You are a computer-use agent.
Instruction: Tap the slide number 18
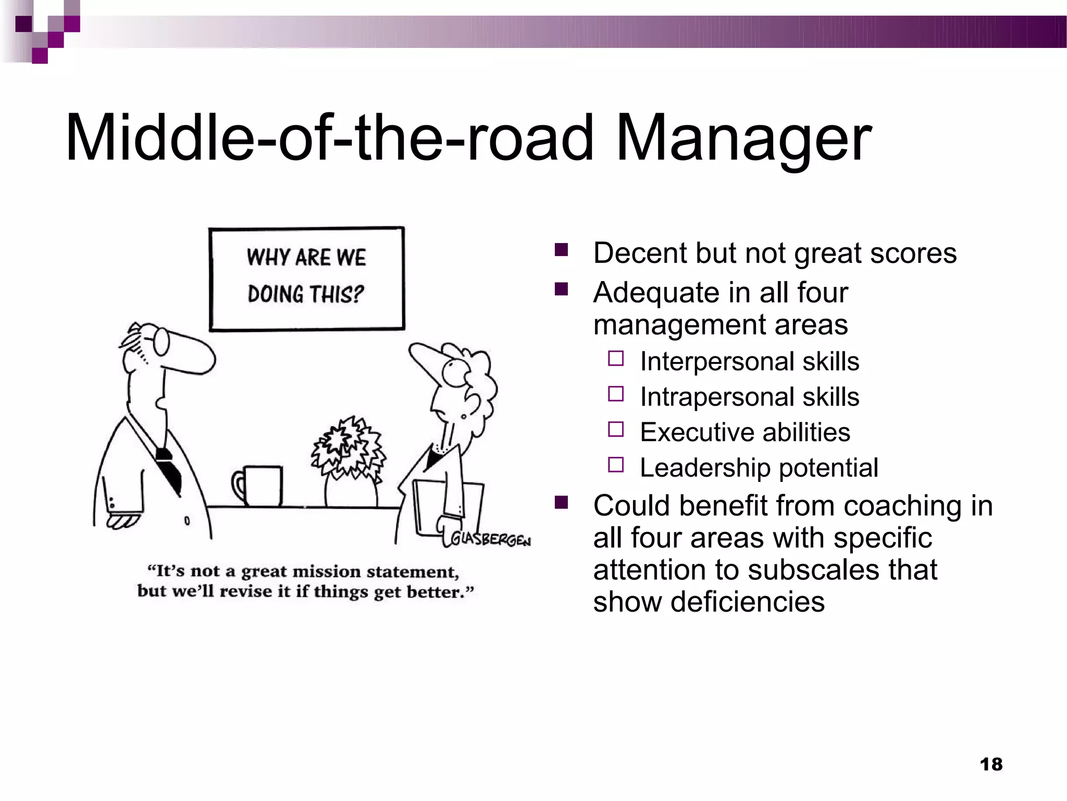[x=991, y=764]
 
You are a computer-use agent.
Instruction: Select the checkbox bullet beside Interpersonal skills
[x=616, y=359]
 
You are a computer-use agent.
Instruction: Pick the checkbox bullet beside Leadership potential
[x=616, y=465]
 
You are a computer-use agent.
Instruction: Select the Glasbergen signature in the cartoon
[x=490, y=539]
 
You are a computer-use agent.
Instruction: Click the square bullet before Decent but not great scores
[x=561, y=250]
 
